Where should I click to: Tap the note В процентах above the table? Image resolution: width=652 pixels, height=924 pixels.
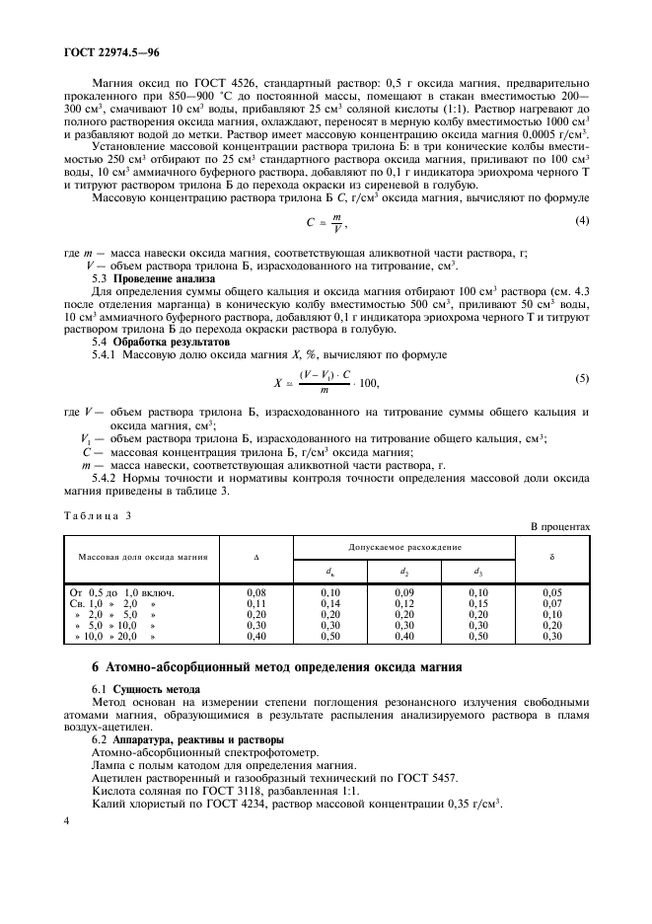560,528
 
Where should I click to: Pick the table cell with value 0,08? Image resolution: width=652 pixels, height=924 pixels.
255,591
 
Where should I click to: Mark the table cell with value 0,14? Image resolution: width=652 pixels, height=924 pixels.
330,602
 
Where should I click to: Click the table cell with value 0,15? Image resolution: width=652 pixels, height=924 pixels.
477,602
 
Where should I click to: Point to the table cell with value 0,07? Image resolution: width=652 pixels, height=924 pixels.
553,602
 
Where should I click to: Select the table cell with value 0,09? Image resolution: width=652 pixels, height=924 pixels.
404,591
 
